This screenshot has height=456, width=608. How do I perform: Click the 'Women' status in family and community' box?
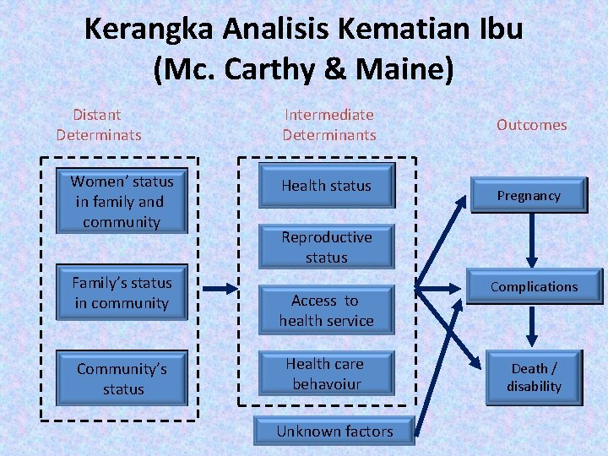click(x=122, y=202)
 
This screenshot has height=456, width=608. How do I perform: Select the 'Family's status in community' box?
click(x=122, y=293)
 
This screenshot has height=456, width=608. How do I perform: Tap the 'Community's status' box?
click(x=123, y=379)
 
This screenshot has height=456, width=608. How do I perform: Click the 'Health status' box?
click(x=326, y=186)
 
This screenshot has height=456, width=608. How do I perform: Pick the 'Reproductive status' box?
click(x=326, y=247)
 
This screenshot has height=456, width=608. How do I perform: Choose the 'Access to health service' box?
click(x=326, y=311)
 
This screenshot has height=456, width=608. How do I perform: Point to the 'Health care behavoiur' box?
click(x=326, y=374)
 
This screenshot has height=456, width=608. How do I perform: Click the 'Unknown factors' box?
click(x=334, y=432)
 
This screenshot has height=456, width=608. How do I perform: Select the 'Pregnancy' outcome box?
click(x=529, y=196)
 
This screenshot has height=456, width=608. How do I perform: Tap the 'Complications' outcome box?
click(x=534, y=287)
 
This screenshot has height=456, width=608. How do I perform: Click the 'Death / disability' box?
click(x=534, y=377)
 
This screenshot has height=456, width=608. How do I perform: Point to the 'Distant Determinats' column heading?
click(x=98, y=124)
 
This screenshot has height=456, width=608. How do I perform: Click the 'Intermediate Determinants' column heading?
click(x=328, y=124)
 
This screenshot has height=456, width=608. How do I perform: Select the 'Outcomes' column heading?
click(x=531, y=125)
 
